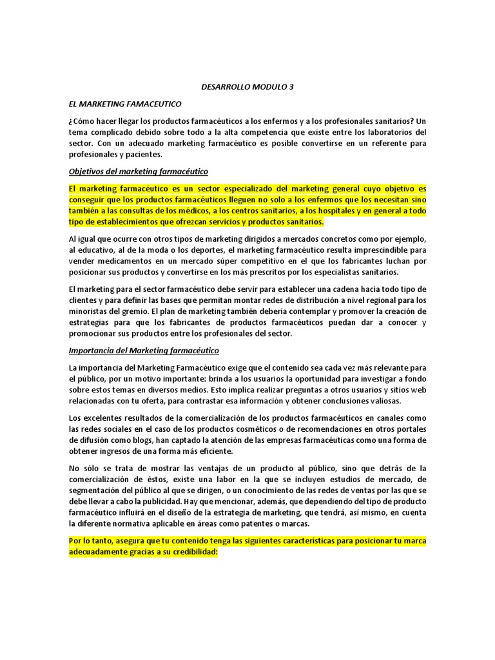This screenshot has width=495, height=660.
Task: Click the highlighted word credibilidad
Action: point(189,552)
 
